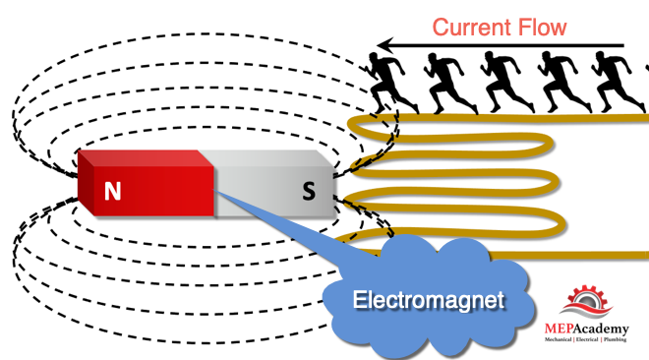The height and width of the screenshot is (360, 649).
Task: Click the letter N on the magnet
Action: [x=112, y=191]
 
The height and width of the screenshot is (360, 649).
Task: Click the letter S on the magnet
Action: [x=309, y=191]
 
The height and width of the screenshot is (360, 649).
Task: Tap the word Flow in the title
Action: [x=542, y=28]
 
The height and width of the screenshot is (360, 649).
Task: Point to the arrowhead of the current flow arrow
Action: [x=384, y=45]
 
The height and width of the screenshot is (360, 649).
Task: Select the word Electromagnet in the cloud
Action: [x=429, y=300]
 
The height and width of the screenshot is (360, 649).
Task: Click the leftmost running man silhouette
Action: [x=389, y=83]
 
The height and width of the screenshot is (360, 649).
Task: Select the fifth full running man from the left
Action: [x=618, y=83]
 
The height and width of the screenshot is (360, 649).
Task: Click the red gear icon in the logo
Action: [x=587, y=296]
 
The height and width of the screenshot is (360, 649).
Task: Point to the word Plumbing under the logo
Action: [x=615, y=339]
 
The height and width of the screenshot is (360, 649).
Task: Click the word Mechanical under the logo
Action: [x=558, y=339]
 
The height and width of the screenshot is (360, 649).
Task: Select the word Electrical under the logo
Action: [x=587, y=339]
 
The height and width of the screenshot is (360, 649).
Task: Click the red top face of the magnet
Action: [x=146, y=158]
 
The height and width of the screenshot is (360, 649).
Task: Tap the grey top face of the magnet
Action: [x=265, y=158]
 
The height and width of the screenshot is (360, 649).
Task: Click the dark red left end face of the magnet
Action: [x=87, y=183]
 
